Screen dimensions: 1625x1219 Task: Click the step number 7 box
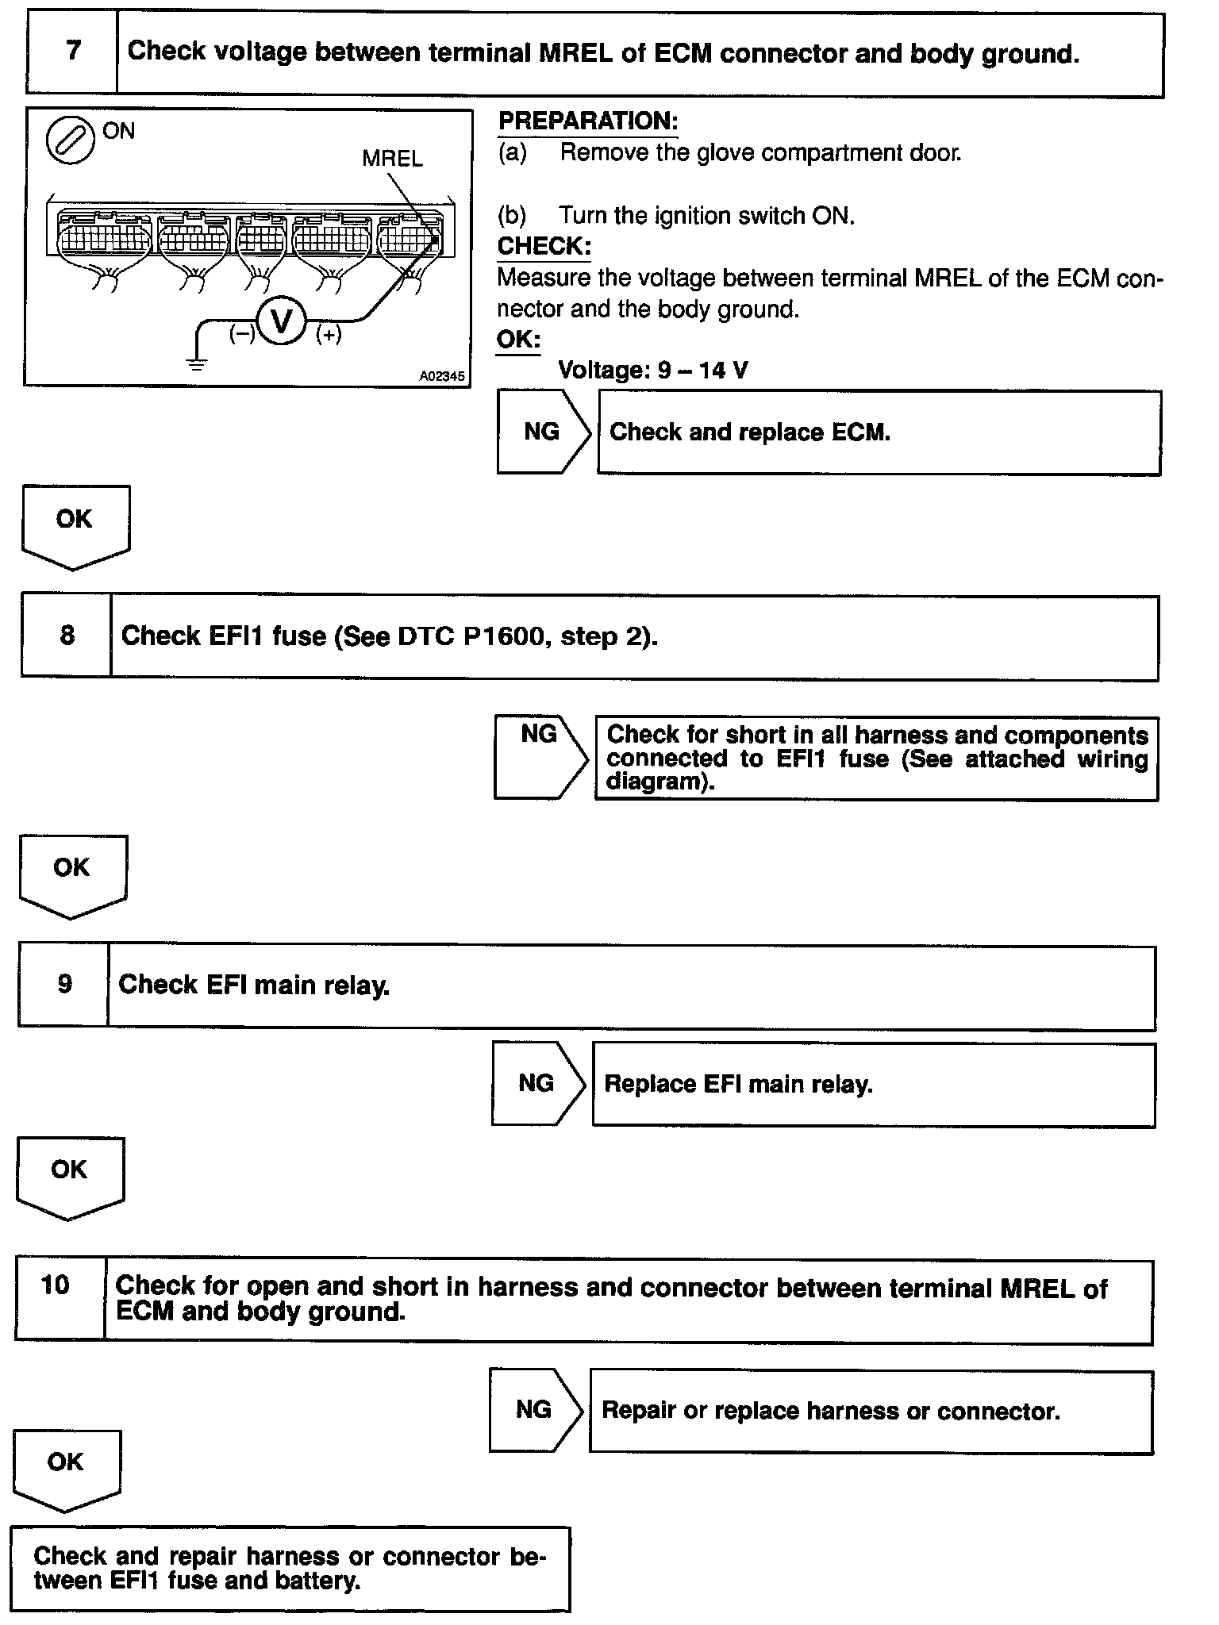point(72,52)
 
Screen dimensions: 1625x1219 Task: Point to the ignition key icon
point(70,141)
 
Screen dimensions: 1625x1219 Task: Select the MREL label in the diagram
point(392,159)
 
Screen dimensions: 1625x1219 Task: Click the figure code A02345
point(442,376)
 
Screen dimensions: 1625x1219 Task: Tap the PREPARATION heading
point(587,121)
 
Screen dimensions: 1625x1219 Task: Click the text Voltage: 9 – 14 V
point(652,370)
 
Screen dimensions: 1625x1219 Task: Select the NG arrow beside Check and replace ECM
point(544,432)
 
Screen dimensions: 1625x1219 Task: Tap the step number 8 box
point(67,636)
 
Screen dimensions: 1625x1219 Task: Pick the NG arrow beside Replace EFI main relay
point(538,1083)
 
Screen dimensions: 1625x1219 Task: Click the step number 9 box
point(64,985)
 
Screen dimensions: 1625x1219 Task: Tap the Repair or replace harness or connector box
point(871,1411)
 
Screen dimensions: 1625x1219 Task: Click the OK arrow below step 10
point(67,1469)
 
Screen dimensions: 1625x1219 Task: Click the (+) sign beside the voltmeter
point(329,335)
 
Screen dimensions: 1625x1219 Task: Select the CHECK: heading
point(544,246)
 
